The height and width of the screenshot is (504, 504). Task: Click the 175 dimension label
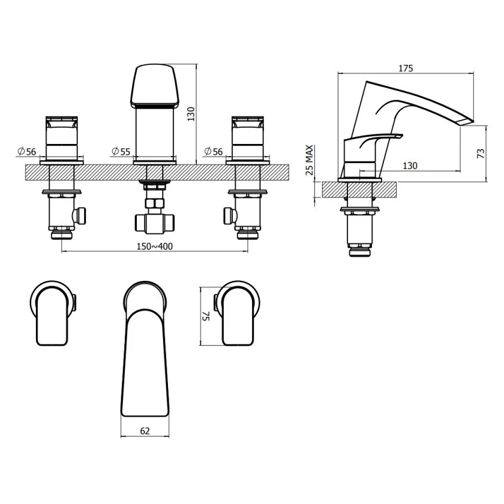click(x=406, y=68)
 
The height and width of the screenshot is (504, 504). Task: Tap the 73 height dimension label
click(x=481, y=154)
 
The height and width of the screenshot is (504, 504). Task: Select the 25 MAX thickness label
click(x=309, y=160)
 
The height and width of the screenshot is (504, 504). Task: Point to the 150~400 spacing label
click(x=155, y=246)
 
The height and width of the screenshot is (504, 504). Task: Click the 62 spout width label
click(x=145, y=431)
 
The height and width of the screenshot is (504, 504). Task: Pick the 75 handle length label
click(x=206, y=316)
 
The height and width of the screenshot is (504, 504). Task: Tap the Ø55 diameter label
click(x=121, y=151)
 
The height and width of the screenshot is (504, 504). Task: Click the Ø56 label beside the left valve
click(x=26, y=151)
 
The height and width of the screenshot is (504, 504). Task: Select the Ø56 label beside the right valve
click(x=214, y=151)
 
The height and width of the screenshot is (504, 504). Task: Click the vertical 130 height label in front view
click(x=191, y=114)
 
